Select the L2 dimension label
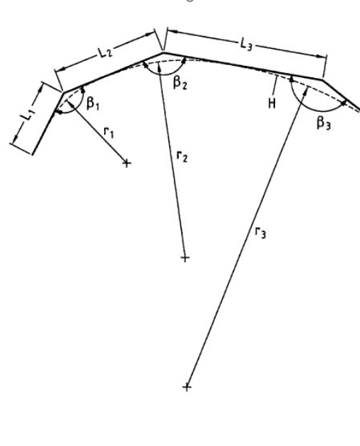105,52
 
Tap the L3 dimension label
246,45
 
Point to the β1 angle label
93,103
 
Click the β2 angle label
180,83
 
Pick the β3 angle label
324,123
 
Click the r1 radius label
109,132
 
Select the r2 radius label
182,156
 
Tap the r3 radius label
260,232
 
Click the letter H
272,104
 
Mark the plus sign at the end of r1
127,164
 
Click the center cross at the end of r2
185,258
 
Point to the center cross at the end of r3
187,387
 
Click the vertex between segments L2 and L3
163,52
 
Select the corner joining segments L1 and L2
63,92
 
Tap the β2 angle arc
163,74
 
